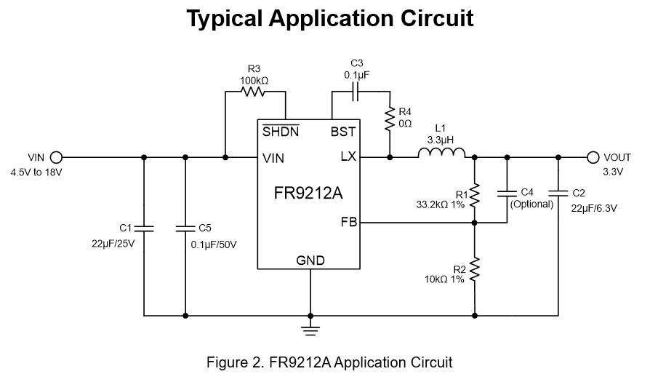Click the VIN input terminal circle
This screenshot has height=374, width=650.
56,157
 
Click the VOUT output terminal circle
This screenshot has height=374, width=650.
593,157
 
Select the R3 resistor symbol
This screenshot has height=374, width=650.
254,92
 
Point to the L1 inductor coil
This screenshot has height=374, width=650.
441,152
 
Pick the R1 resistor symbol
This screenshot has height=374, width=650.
474,195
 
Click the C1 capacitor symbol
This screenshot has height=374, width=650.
144,228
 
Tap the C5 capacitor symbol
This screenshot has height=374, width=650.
186,228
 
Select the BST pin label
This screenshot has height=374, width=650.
342,132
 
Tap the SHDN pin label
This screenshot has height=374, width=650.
279,132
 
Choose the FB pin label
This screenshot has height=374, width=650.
349,222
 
